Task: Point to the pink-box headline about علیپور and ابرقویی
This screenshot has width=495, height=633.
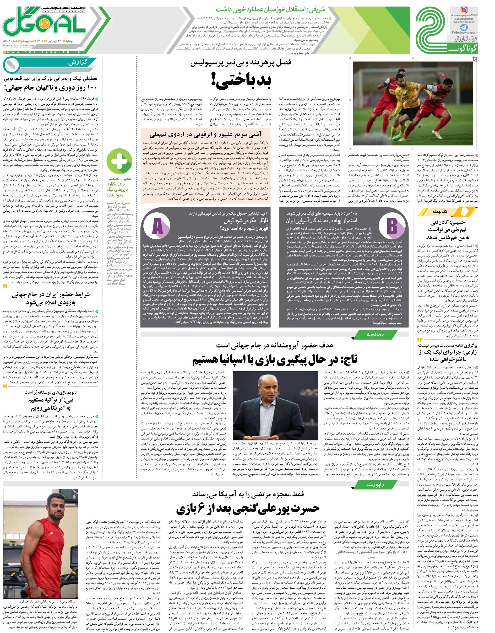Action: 206,135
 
